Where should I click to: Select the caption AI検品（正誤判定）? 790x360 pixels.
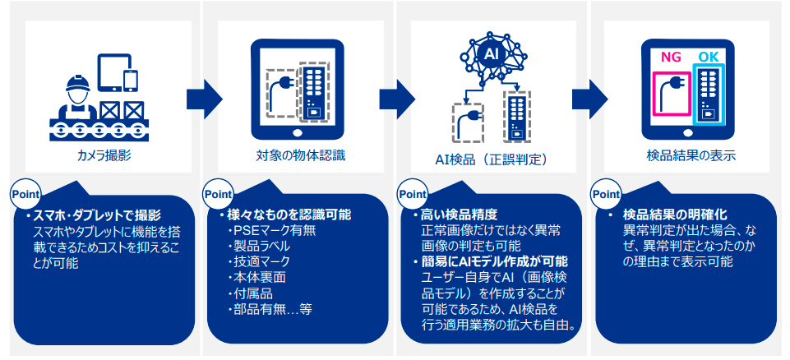click(x=491, y=159)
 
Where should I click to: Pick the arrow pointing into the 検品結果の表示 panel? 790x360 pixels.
click(x=589, y=99)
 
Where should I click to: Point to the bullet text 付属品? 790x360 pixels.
click(x=252, y=293)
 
